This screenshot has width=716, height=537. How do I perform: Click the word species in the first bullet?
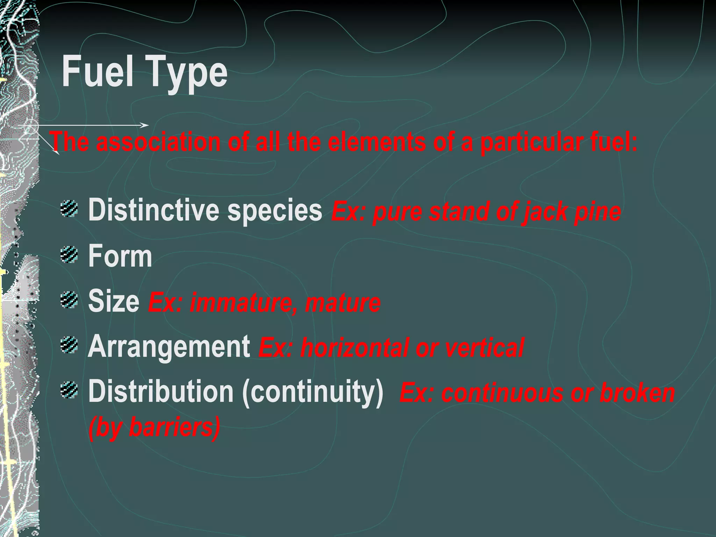(x=274, y=211)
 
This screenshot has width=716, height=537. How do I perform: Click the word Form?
(x=120, y=256)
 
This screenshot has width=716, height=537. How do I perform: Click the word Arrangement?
(x=169, y=347)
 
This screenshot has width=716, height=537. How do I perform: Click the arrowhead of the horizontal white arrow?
(x=146, y=125)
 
